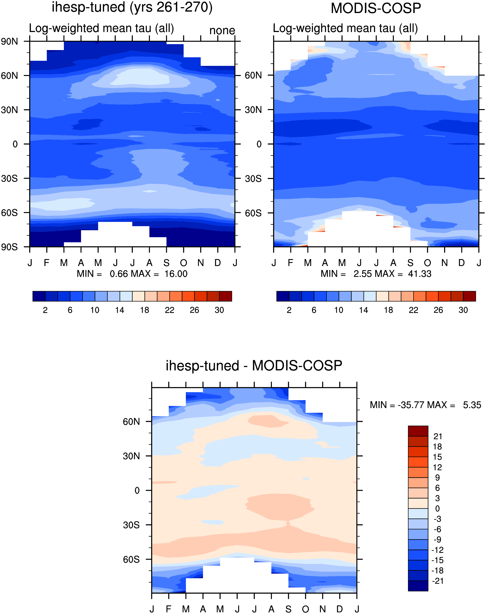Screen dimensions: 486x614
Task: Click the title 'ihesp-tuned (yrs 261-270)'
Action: (x=132, y=7)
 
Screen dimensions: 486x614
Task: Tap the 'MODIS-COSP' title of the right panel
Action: (x=376, y=8)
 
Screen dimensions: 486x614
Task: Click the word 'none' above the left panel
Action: (x=222, y=30)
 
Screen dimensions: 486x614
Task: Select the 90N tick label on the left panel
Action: (x=9, y=42)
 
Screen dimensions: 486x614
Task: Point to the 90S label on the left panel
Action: (x=9, y=247)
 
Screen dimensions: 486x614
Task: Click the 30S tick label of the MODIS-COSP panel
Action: (x=253, y=178)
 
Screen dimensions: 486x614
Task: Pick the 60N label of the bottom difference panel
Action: (x=131, y=422)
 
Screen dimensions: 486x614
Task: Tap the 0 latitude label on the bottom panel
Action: (x=137, y=491)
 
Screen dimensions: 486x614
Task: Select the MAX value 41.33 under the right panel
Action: (x=420, y=274)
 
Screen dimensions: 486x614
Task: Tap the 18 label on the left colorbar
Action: (x=144, y=310)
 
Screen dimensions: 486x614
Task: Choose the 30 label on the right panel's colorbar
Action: (x=463, y=310)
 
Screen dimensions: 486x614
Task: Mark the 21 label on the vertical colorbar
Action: (x=438, y=436)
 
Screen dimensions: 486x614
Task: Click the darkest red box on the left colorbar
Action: (x=226, y=296)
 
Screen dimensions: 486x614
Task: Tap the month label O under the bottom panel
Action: (x=305, y=609)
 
